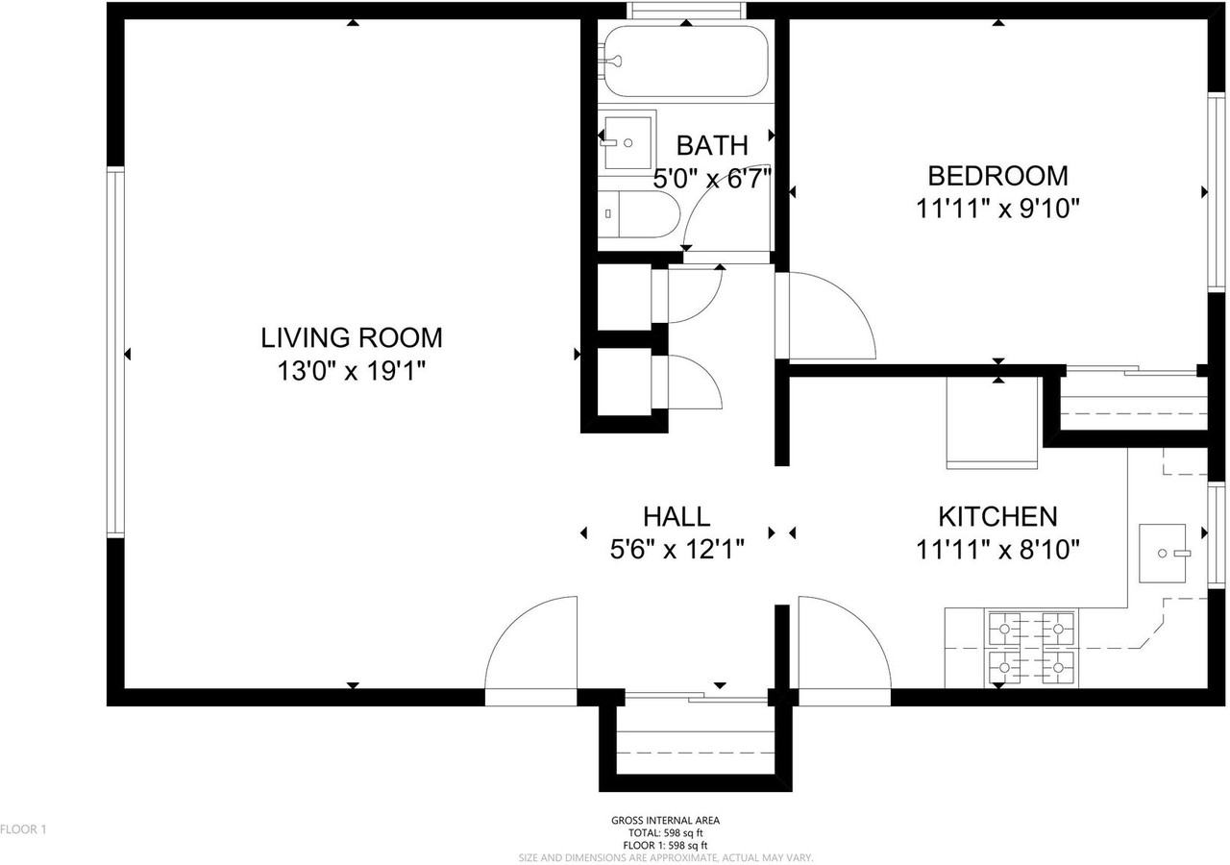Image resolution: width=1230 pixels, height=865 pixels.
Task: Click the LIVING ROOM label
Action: click(352, 337)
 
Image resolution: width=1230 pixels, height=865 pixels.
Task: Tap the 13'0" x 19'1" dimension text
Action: click(352, 371)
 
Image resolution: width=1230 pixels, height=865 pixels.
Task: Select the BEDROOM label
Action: click(997, 176)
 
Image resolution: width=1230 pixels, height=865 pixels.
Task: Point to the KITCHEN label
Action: click(997, 516)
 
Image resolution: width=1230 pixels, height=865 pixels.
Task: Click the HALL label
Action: click(676, 516)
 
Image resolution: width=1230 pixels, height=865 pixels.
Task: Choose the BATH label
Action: click(712, 145)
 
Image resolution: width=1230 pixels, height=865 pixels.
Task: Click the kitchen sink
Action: click(1163, 554)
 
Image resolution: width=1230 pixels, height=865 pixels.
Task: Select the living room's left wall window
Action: click(115, 353)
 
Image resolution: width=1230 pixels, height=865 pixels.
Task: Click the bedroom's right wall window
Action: click(1217, 192)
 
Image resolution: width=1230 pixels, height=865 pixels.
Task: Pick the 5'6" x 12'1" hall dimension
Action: click(676, 550)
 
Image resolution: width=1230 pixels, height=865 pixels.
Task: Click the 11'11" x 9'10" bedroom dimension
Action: click(997, 209)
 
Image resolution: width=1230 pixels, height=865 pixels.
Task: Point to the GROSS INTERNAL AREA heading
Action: click(665, 821)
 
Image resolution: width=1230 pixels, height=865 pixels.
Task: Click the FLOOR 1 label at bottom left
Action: click(23, 828)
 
